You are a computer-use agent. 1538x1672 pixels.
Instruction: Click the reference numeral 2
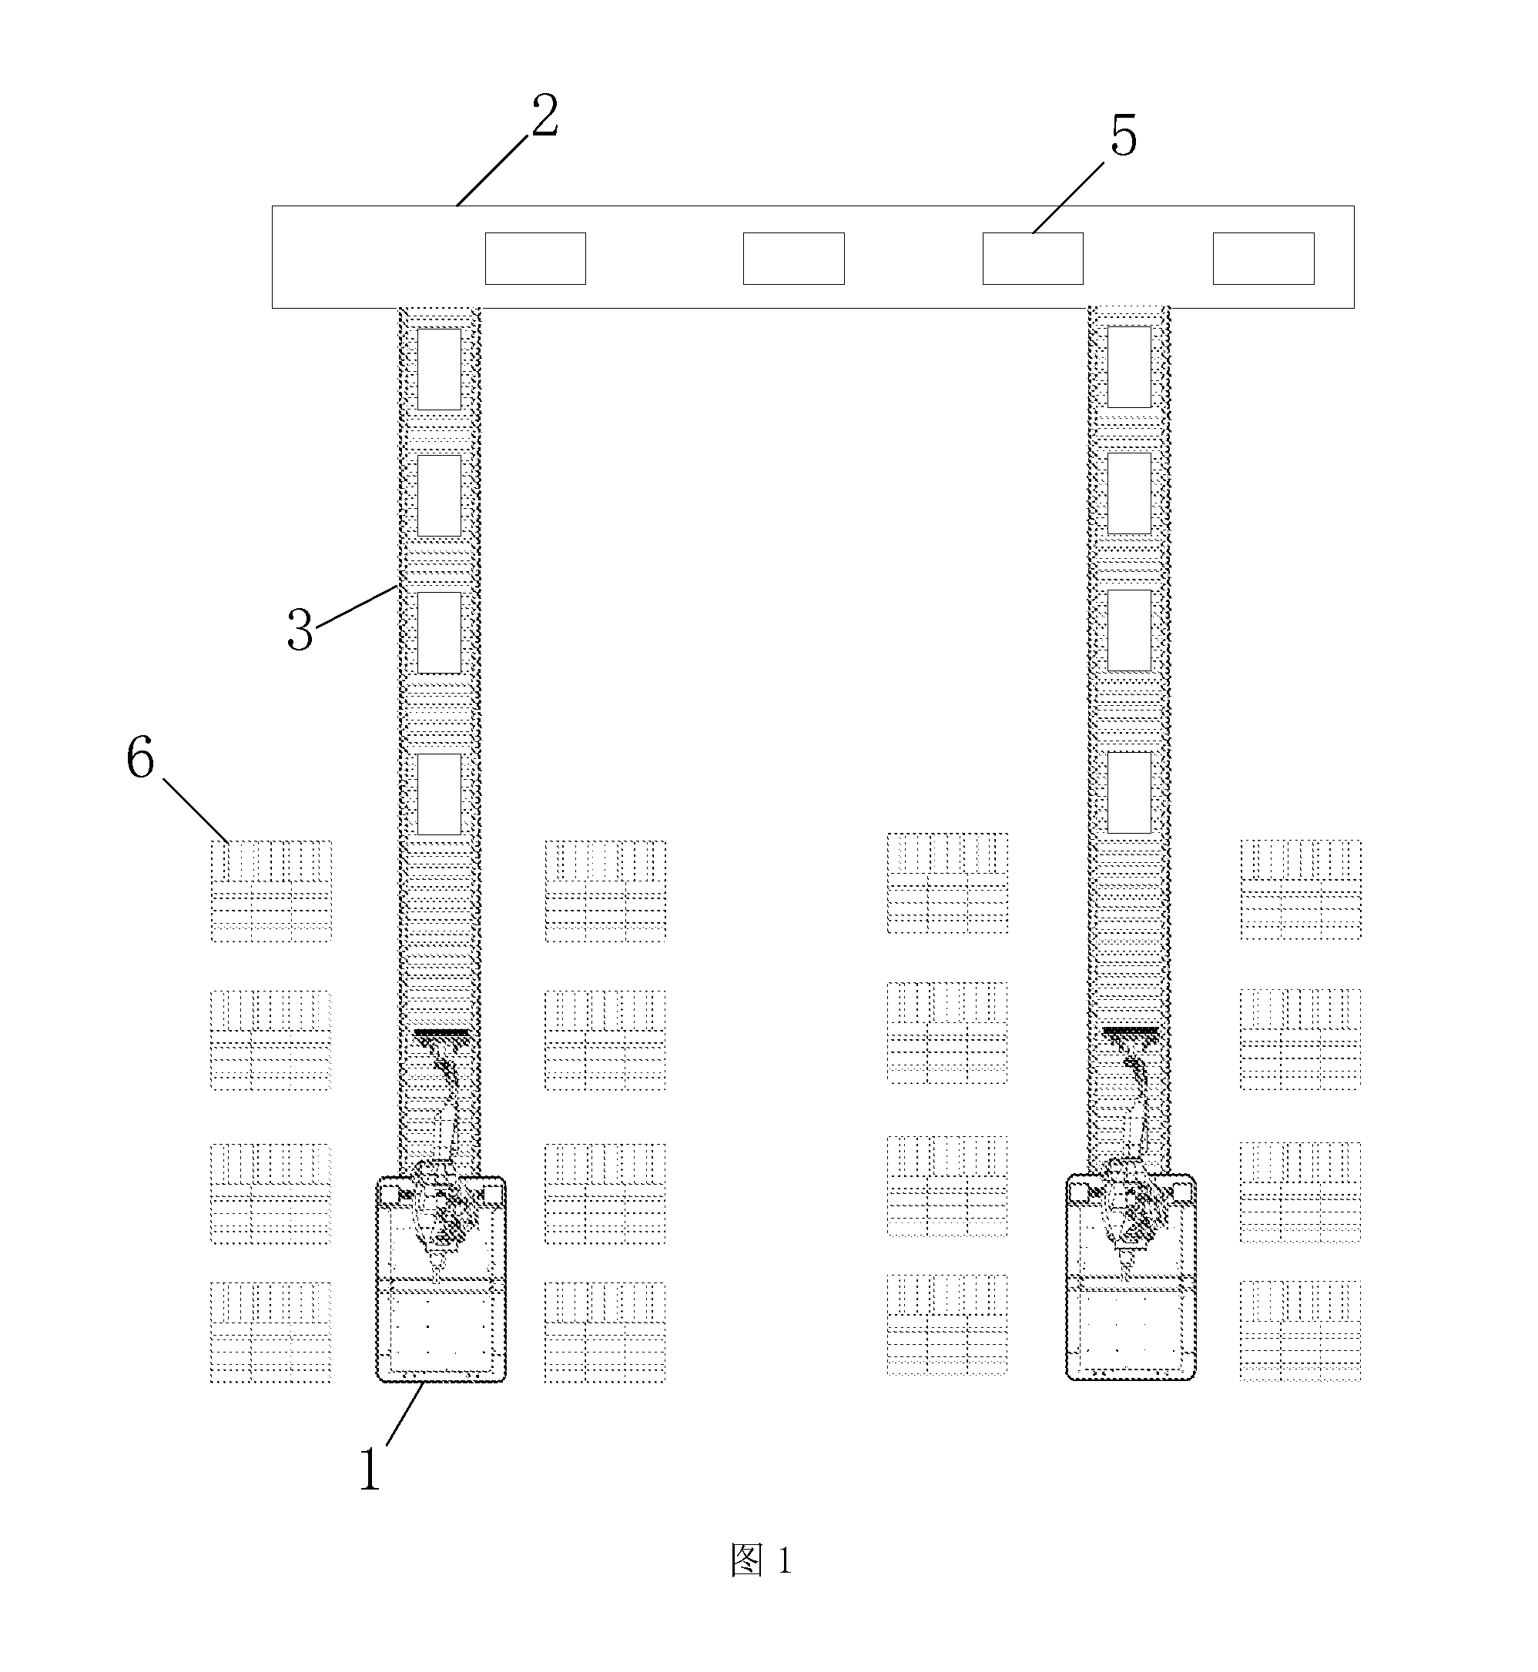(x=545, y=116)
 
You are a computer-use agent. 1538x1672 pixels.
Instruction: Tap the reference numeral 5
(x=1124, y=136)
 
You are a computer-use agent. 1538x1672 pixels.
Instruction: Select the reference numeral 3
(x=300, y=630)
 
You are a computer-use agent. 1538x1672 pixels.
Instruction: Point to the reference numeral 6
(x=140, y=759)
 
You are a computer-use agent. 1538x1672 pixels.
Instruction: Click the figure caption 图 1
(x=761, y=1560)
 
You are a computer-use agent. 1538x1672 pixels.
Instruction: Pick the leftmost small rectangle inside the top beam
(x=535, y=259)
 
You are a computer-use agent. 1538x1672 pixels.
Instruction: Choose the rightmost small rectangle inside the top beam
(x=1263, y=259)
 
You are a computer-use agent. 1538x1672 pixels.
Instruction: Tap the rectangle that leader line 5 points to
(x=1033, y=259)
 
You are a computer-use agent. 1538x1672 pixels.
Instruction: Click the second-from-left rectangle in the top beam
(x=794, y=259)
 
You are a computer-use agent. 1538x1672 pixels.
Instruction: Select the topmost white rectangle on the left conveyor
(x=438, y=370)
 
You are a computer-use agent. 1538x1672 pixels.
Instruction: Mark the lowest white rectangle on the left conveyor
(x=438, y=794)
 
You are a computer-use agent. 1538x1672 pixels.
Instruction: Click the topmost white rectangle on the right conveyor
(x=1129, y=367)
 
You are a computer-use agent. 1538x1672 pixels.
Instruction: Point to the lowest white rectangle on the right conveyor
(x=1129, y=792)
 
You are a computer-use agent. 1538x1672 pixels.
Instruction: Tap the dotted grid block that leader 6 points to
(x=270, y=891)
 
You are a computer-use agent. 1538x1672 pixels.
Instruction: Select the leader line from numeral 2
(x=492, y=171)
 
